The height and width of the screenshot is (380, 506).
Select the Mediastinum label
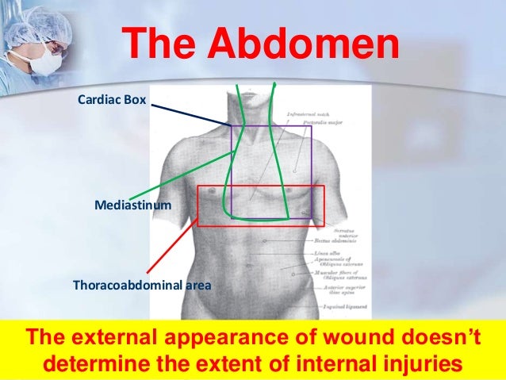(132, 205)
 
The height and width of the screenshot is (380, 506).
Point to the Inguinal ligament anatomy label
(342, 305)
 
